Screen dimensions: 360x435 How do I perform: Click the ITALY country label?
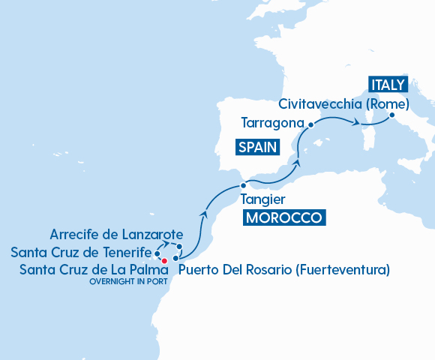pos(387,84)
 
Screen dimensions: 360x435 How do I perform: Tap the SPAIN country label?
pos(257,147)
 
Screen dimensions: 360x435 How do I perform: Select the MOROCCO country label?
pos(285,218)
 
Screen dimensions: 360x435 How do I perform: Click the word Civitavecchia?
pos(322,103)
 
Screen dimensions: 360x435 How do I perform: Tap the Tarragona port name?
pos(272,122)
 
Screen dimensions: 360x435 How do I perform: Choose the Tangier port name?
pos(262,199)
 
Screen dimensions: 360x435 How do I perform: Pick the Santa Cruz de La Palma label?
pos(86,268)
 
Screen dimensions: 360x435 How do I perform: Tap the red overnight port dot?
pos(164,260)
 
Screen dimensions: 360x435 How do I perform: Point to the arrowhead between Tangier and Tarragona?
pos(298,161)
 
